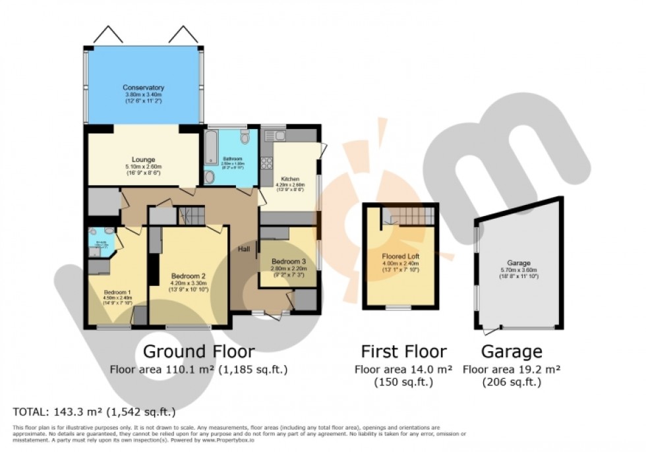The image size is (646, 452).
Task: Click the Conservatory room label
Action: [143, 88]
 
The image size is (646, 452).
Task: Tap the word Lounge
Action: [143, 159]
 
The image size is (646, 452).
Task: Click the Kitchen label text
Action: [291, 179]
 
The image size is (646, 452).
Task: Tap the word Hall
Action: [243, 248]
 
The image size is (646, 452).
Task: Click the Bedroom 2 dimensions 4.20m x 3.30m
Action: [189, 283]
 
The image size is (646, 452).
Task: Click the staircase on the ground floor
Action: [192, 215]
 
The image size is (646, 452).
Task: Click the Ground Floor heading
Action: [198, 351]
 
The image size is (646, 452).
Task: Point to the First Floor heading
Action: [403, 351]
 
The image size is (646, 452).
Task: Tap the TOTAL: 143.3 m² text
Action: [94, 412]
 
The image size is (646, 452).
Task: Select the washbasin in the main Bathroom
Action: [209, 177]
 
